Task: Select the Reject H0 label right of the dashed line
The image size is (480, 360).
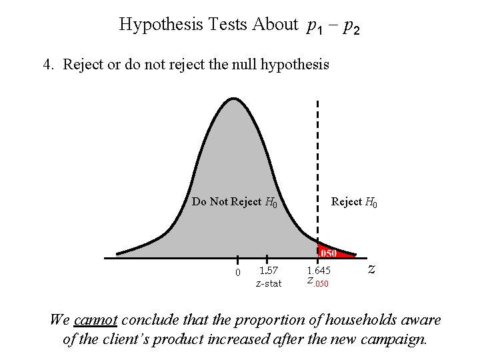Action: pyautogui.click(x=354, y=202)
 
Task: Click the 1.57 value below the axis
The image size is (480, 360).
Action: pyautogui.click(x=269, y=271)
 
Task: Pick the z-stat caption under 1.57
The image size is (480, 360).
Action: pyautogui.click(x=269, y=283)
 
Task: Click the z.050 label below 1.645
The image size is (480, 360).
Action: pyautogui.click(x=317, y=282)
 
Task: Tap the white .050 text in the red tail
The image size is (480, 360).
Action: pyautogui.click(x=329, y=253)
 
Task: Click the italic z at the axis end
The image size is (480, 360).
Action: pyautogui.click(x=371, y=269)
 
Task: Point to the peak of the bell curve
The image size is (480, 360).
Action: pyautogui.click(x=232, y=100)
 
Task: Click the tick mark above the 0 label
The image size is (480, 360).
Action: pyautogui.click(x=237, y=261)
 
